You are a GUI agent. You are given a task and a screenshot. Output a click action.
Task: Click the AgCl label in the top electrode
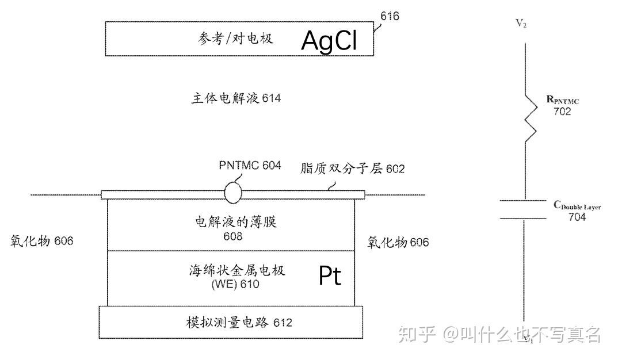tap(330, 40)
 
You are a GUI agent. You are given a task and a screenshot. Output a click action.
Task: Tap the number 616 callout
tap(390, 16)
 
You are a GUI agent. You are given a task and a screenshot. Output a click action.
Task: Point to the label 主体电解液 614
tap(236, 98)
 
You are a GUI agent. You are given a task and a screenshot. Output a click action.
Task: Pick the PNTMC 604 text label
tap(250, 166)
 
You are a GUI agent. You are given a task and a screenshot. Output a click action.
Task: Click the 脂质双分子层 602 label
tap(352, 168)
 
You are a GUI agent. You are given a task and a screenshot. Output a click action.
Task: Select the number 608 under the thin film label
tap(233, 236)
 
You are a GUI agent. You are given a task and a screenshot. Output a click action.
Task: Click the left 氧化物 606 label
tap(42, 241)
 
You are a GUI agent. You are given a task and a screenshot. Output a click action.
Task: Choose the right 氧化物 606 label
tap(398, 243)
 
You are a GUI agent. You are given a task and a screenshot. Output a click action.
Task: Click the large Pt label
tap(330, 277)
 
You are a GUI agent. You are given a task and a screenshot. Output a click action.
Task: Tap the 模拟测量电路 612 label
tap(239, 323)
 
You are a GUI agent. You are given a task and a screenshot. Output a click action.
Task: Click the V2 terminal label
tap(521, 24)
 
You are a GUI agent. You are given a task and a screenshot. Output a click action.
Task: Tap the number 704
tap(577, 217)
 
